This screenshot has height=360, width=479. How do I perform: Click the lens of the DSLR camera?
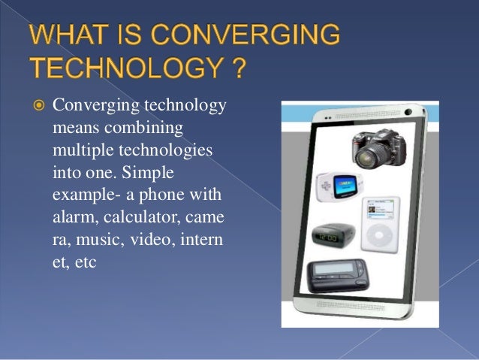click(x=366, y=155)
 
